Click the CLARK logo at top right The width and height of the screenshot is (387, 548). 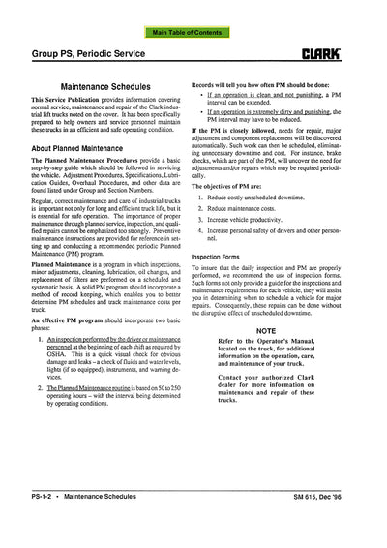[348, 44]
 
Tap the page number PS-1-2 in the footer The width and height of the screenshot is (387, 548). [36, 524]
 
